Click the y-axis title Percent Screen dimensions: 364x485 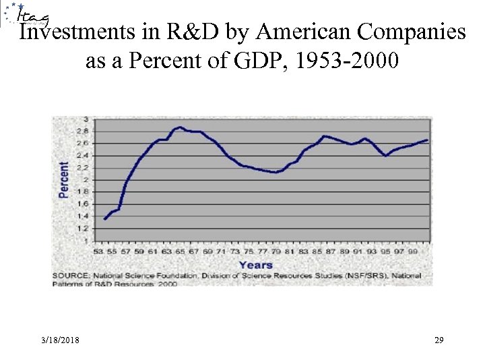pos(64,179)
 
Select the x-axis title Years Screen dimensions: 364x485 pos(256,264)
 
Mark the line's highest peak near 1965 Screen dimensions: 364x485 pos(180,127)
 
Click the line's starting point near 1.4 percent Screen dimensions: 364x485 pos(105,218)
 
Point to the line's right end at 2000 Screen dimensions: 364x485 pos(427,140)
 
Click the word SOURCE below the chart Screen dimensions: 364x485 pos(69,275)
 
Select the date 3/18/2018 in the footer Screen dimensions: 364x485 pos(59,342)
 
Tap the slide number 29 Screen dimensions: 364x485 pos(439,342)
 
